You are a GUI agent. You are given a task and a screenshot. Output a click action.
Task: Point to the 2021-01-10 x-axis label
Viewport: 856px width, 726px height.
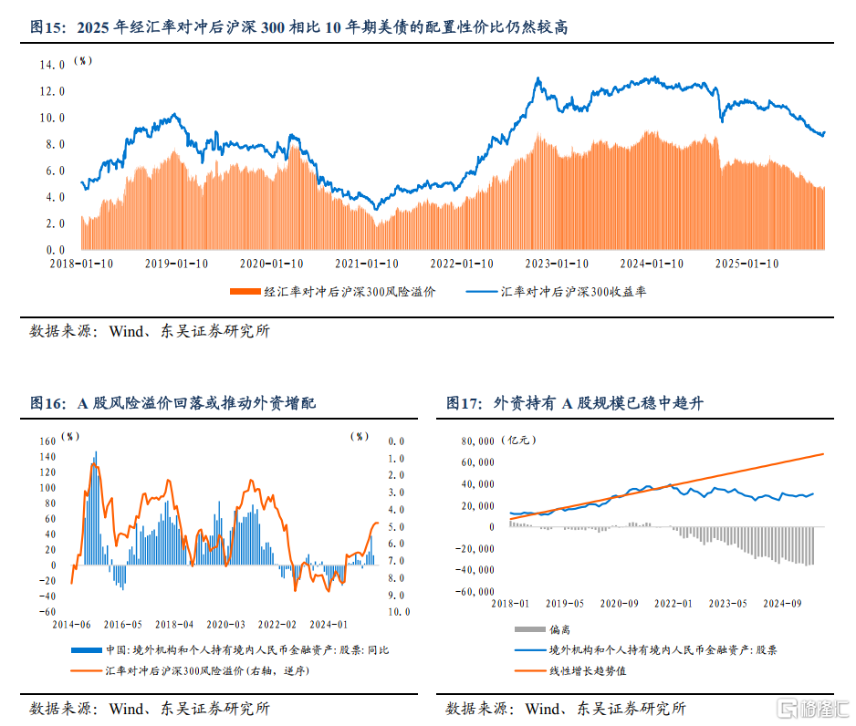tap(366, 263)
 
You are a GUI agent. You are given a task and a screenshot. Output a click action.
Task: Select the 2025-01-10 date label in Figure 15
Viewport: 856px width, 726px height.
tap(746, 263)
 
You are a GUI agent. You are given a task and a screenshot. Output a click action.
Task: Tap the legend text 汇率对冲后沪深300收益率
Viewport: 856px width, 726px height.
tap(574, 293)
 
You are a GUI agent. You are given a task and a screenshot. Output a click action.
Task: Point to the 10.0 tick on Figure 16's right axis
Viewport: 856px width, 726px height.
tap(399, 612)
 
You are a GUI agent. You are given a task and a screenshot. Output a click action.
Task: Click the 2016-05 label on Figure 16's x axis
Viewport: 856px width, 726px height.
tap(123, 625)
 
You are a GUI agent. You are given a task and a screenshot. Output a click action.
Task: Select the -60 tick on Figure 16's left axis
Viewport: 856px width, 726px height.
tap(47, 612)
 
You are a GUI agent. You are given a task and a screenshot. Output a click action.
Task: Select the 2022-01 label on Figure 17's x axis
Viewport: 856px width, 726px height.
tap(674, 604)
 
